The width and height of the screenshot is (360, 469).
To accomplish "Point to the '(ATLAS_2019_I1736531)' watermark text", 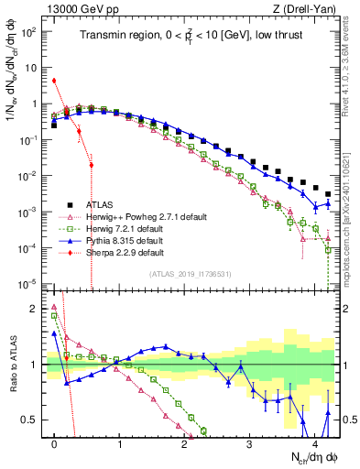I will tap(191, 274).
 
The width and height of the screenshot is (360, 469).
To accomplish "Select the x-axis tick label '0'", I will tap(55, 442).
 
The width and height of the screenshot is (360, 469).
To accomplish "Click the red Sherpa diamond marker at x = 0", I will tap(55, 81).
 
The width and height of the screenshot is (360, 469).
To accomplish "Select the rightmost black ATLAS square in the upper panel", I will tap(328, 194).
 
